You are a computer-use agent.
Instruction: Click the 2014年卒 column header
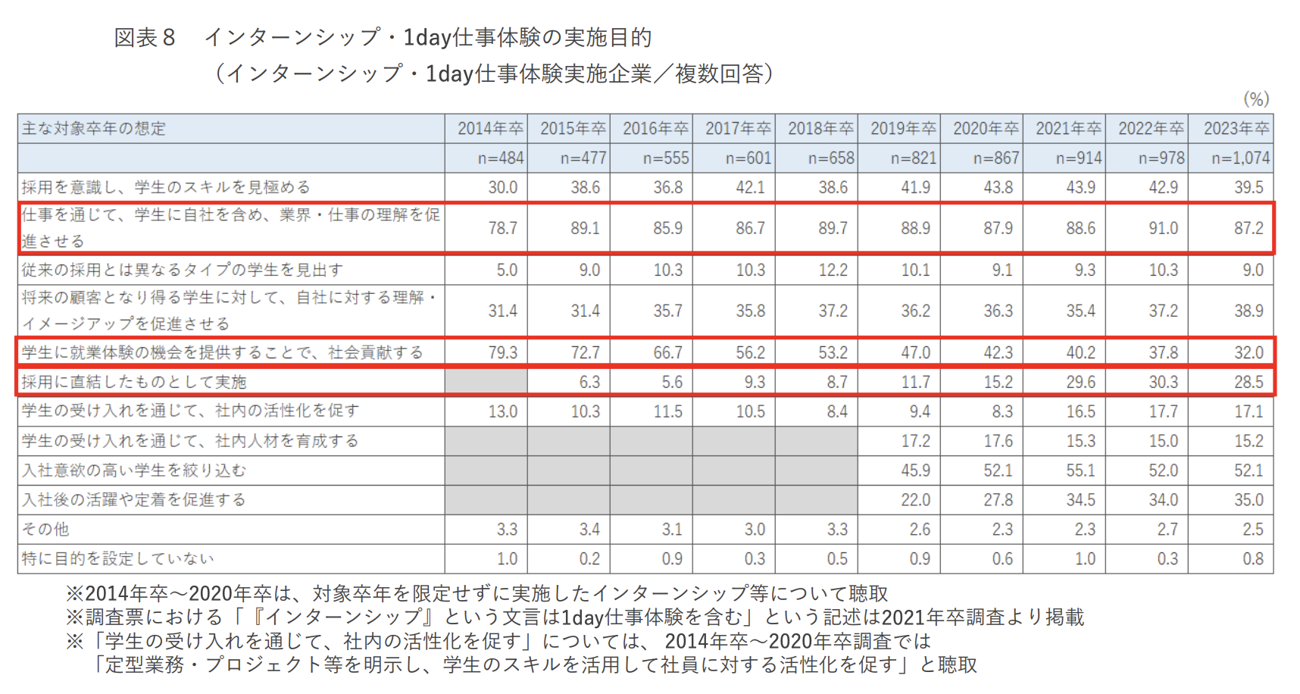tap(490, 128)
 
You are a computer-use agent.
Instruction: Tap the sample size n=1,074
tap(1240, 158)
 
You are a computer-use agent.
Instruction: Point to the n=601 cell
tap(748, 158)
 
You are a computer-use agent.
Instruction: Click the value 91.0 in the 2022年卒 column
tap(1163, 228)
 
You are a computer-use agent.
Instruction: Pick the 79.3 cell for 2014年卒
tap(502, 352)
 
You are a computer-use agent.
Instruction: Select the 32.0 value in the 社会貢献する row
tap(1248, 352)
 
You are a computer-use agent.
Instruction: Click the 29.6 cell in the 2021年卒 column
tap(1080, 382)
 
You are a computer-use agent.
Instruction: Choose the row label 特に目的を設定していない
tap(118, 558)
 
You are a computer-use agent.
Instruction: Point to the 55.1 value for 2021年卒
tap(1080, 470)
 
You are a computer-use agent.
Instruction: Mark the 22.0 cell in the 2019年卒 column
tap(915, 500)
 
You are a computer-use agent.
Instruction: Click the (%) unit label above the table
tap(1255, 98)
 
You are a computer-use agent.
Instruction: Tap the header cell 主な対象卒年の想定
tap(94, 128)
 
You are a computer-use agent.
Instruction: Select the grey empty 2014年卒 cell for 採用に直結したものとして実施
tap(486, 382)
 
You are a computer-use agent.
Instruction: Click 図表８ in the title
tap(145, 37)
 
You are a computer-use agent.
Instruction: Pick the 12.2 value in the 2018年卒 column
tap(833, 270)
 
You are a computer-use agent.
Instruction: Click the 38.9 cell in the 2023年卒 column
tap(1248, 311)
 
